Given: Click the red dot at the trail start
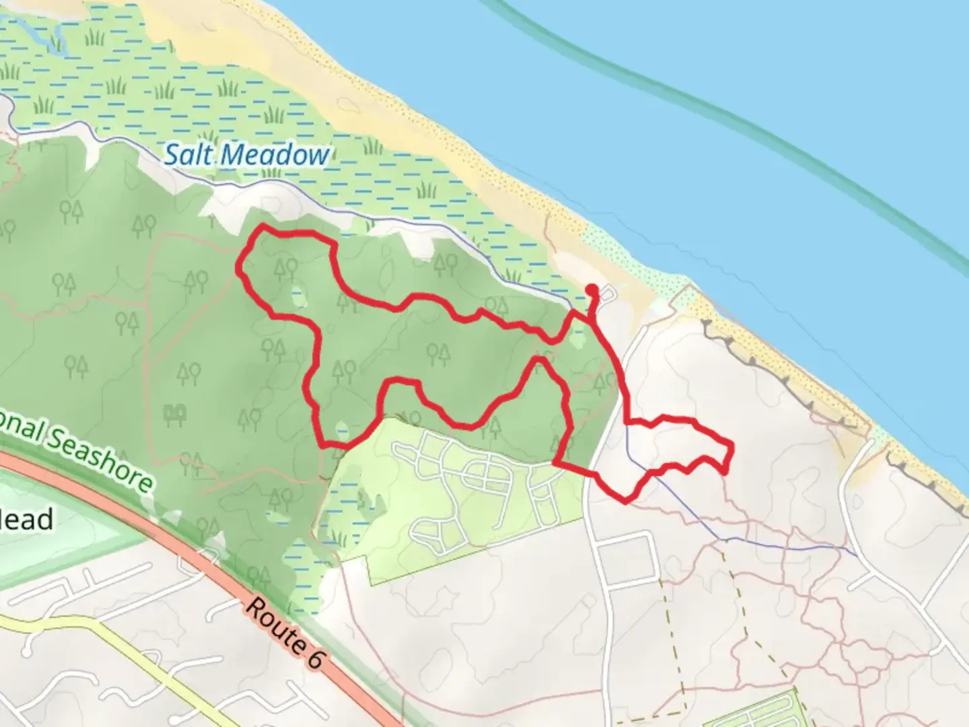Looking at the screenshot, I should click(592, 290).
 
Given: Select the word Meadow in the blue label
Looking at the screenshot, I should click(276, 155).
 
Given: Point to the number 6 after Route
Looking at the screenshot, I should click(314, 656).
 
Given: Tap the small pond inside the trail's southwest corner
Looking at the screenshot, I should click(342, 429).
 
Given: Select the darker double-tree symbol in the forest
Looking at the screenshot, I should click(175, 414).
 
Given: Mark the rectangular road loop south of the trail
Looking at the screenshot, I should click(626, 559).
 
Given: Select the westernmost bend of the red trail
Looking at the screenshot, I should click(238, 267).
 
